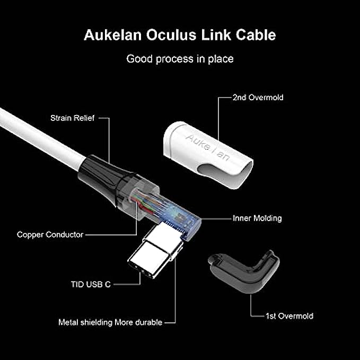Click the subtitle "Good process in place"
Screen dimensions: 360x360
pos(180,59)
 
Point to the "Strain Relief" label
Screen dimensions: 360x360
pos(73,118)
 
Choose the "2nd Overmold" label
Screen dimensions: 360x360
pos(258,98)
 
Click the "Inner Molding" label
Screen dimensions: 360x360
pos(257,218)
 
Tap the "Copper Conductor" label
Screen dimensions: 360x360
pos(50,234)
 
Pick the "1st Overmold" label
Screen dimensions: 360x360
pos(289,316)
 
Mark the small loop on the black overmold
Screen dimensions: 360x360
pos(213,260)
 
